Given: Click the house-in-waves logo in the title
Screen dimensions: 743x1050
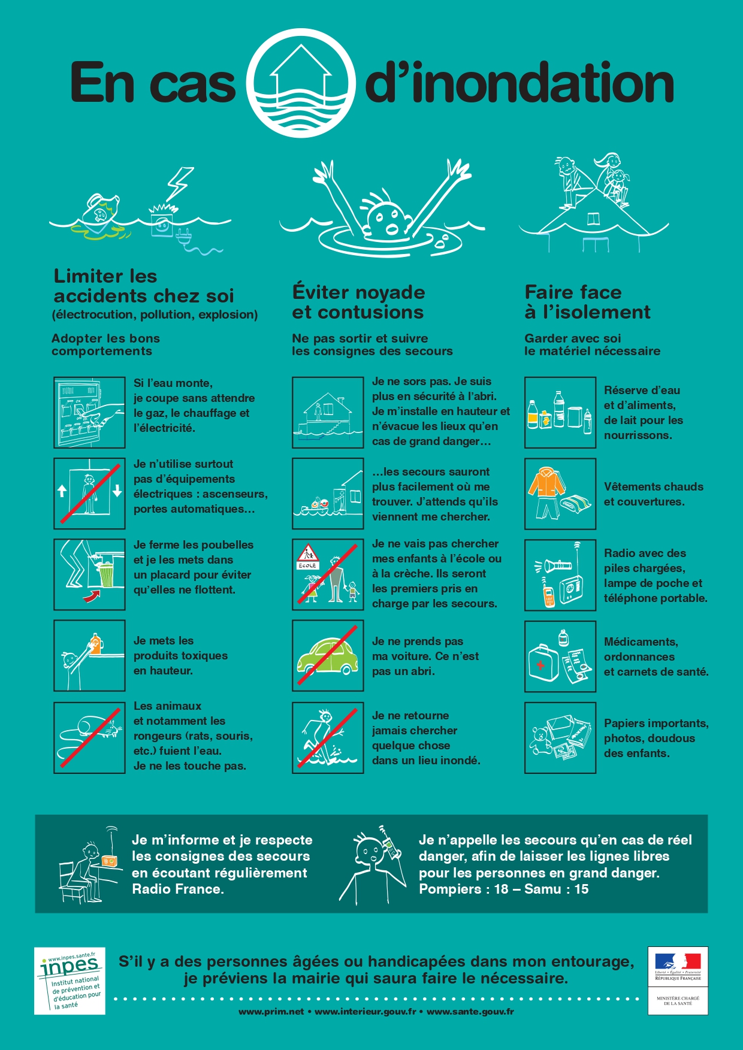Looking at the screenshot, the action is click(301, 83).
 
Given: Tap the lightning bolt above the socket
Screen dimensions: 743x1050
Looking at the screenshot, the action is click(179, 183).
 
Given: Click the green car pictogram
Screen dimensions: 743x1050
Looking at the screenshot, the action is click(327, 656).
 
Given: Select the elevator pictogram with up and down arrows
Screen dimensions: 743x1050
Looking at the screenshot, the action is click(89, 494).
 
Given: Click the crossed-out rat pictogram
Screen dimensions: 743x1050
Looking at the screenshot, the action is click(89, 738).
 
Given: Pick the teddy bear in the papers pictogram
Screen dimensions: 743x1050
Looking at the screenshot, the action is click(542, 740).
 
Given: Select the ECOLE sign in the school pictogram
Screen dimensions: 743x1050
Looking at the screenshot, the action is click(307, 565).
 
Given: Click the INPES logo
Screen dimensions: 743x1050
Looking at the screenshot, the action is click(70, 981).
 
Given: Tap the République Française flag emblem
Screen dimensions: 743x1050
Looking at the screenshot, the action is click(678, 961).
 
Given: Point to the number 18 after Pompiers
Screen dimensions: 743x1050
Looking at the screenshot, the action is click(502, 889).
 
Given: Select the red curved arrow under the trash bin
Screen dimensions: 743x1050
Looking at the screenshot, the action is click(91, 595).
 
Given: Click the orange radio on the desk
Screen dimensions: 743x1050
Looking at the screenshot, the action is click(109, 861).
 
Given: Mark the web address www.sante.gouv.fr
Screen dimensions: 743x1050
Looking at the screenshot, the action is click(470, 1012).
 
